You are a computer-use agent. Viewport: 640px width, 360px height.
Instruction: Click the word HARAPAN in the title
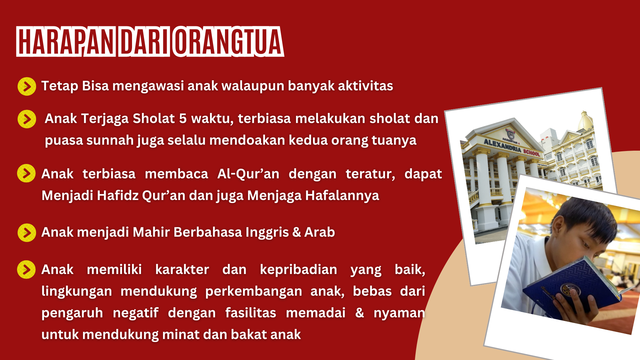66,41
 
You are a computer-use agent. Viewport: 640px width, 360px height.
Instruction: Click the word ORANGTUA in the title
228,41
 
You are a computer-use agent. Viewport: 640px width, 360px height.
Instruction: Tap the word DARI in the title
144,41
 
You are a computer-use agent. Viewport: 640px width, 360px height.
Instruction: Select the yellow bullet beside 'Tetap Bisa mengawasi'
27,86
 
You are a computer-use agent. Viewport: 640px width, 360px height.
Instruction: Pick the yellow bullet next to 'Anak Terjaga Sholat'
27,119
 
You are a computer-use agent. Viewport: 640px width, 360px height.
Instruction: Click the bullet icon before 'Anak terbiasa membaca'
26,173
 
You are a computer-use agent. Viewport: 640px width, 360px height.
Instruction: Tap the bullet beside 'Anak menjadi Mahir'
27,232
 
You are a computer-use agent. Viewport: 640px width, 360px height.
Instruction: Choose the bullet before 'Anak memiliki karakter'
26,269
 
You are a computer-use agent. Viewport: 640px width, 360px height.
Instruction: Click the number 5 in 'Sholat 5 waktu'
183,119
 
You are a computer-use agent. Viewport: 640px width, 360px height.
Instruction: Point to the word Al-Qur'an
248,174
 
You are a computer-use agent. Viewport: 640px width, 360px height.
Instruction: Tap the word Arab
319,232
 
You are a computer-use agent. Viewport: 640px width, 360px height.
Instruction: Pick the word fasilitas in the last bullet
251,313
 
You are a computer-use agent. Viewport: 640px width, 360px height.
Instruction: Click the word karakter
182,269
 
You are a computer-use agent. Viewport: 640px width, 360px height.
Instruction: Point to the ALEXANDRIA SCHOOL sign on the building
512,147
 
